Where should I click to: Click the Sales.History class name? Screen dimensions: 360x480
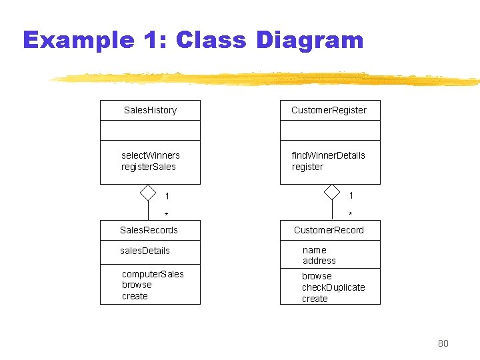click(x=150, y=110)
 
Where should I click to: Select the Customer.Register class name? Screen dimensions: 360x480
click(x=329, y=110)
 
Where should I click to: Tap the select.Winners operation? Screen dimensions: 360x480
click(x=150, y=155)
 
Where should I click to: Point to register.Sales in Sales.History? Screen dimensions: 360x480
click(x=148, y=167)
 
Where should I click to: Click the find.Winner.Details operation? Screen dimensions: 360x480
click(x=328, y=155)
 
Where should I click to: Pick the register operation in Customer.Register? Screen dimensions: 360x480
click(x=307, y=167)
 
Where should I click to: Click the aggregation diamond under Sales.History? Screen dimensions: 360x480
click(x=148, y=193)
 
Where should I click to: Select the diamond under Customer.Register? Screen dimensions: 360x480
click(x=331, y=193)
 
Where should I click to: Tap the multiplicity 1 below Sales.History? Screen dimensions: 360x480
click(x=167, y=196)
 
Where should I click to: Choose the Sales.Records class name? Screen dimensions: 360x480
click(x=149, y=230)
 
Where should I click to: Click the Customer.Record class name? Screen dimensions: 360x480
click(x=329, y=230)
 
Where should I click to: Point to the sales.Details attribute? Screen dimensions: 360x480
click(x=145, y=251)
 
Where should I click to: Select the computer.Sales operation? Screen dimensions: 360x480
click(x=153, y=274)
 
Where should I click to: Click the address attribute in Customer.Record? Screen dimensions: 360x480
click(x=319, y=261)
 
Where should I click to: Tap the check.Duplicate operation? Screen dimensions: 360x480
click(x=333, y=287)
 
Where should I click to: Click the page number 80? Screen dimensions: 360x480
click(x=443, y=343)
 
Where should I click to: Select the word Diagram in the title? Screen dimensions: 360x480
click(x=309, y=40)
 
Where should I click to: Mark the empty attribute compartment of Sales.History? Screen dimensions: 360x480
click(x=150, y=130)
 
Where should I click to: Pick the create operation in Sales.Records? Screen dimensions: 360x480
click(x=135, y=296)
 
